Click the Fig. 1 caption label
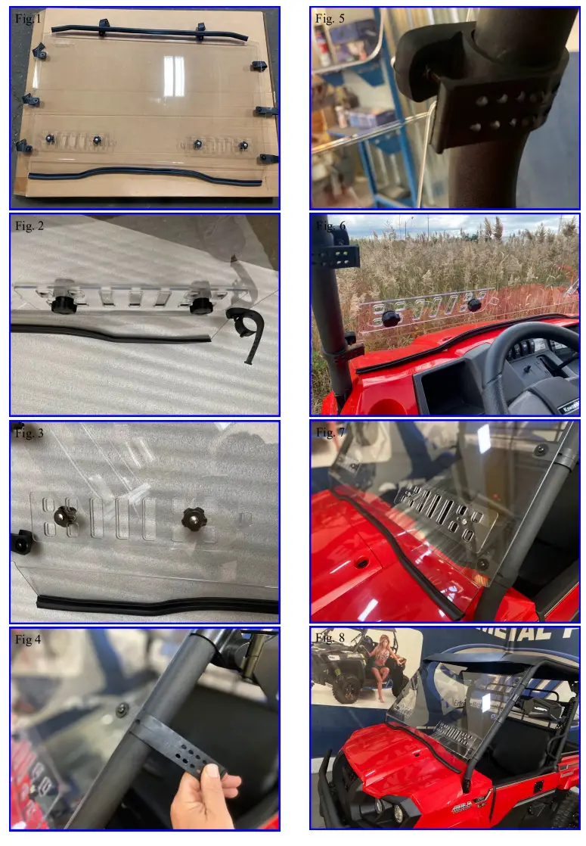pos(28,20)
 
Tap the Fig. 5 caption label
pos(330,19)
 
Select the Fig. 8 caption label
pos(330,638)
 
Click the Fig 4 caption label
pos(28,640)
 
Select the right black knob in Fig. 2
pos(201,303)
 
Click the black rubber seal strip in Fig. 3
pos(151,605)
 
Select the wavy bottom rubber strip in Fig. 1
pos(144,175)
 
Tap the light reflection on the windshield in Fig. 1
pos(174,76)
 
